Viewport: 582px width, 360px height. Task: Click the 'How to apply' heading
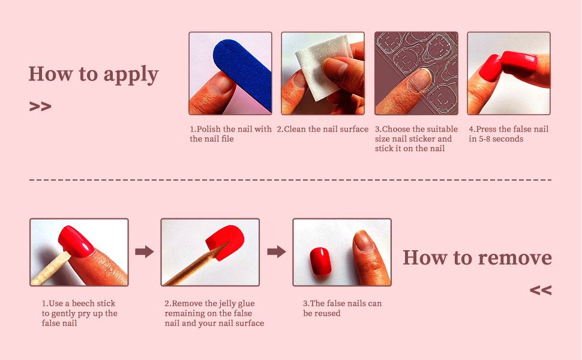tap(94, 74)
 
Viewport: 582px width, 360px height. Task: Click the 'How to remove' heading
tap(478, 257)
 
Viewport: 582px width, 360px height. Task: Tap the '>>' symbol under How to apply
tap(40, 107)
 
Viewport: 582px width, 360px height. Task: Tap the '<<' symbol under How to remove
tap(541, 290)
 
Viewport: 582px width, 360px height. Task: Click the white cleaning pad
tap(323, 67)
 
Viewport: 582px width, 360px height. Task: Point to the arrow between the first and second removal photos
tap(145, 251)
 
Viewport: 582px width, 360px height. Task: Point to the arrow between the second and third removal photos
tap(277, 251)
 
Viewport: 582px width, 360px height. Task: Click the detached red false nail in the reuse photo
tap(320, 261)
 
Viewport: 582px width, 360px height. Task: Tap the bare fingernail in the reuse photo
tap(364, 241)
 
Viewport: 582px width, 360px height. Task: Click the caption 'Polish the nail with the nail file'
tap(230, 134)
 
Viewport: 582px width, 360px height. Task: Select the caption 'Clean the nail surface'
tap(323, 129)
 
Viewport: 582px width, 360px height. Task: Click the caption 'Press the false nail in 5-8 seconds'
tap(509, 134)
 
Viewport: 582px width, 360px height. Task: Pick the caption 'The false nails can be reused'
tap(342, 308)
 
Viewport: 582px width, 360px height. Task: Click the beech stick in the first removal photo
tap(50, 269)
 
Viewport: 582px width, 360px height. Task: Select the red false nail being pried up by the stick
tap(76, 241)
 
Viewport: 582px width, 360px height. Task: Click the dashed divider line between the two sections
tap(290, 180)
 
